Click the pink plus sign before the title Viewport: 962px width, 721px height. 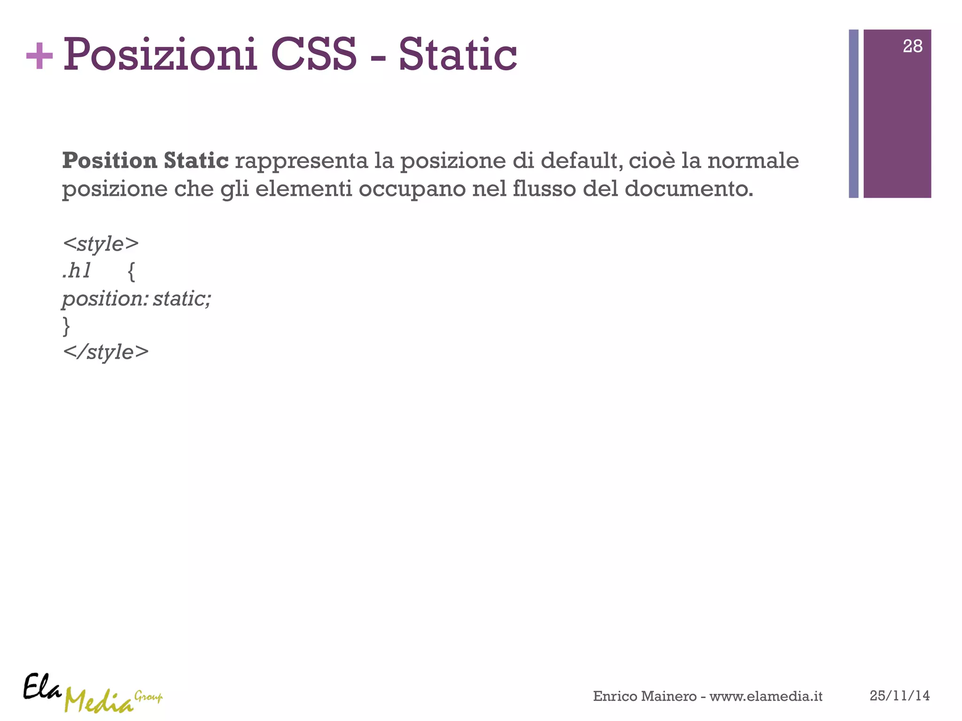click(39, 56)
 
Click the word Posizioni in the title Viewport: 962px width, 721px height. click(160, 55)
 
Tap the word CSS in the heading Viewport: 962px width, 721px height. click(314, 55)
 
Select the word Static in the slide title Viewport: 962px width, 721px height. click(458, 55)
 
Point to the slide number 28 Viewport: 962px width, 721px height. click(912, 46)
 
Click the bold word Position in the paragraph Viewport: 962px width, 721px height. click(109, 161)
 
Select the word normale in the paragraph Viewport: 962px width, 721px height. click(753, 161)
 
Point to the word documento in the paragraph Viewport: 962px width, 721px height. click(689, 189)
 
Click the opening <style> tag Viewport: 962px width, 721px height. click(101, 244)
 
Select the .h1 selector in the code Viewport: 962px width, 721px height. click(77, 271)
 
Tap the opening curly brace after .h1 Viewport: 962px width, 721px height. click(132, 271)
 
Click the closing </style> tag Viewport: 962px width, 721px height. click(106, 353)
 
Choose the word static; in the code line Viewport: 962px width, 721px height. click(182, 299)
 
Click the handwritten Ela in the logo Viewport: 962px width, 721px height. click(42, 687)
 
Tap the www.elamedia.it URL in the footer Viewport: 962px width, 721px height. click(766, 696)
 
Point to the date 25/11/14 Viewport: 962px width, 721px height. click(900, 696)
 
